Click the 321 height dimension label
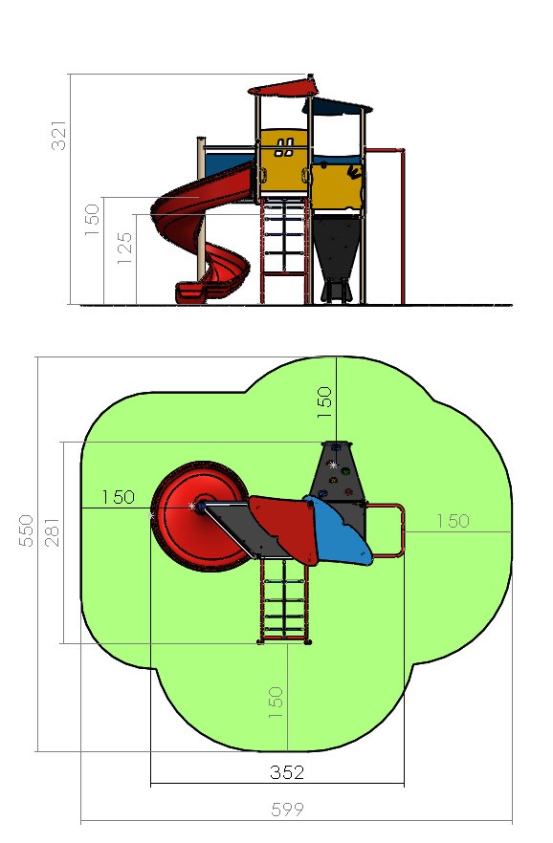[58, 136]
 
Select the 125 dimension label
[124, 248]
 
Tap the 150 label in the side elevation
[92, 219]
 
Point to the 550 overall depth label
[26, 530]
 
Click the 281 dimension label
[53, 531]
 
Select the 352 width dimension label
[287, 772]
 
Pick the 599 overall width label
[287, 810]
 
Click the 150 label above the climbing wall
[324, 402]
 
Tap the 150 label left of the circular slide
[118, 497]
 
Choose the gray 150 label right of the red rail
[453, 520]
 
